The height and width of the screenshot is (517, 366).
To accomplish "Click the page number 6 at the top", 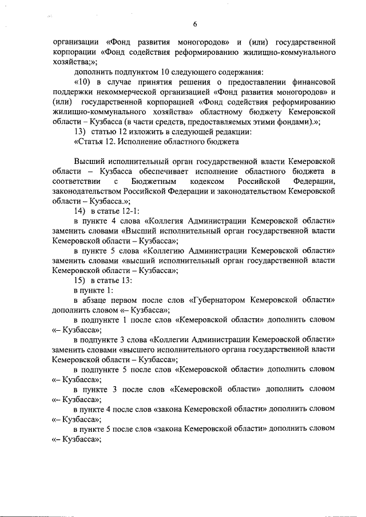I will coord(194,24).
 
